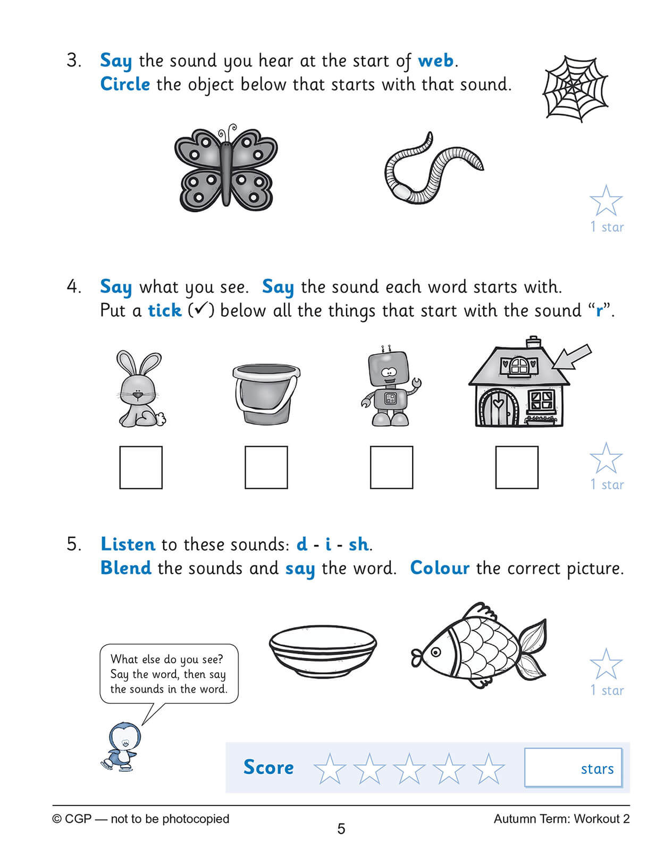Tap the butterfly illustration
[x=226, y=168]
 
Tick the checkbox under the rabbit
[x=141, y=467]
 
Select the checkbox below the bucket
[x=266, y=467]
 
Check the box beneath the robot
[x=391, y=467]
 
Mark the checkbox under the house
[x=516, y=467]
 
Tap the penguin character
[x=121, y=745]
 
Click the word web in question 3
[x=435, y=61]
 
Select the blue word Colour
[x=440, y=568]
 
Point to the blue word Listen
[x=128, y=544]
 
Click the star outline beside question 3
[x=606, y=201]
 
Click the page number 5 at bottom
[x=341, y=829]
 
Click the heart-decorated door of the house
[x=497, y=409]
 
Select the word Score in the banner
[x=268, y=768]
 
